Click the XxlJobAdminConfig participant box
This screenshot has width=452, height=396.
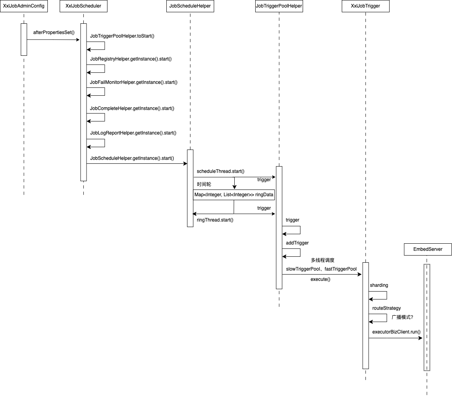[24, 6]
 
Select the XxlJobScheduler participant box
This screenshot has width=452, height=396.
[83, 6]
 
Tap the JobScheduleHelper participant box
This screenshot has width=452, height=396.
[190, 6]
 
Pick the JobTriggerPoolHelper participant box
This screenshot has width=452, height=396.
[279, 6]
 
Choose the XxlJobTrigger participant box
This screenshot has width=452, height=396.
[365, 6]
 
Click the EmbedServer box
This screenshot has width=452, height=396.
[428, 249]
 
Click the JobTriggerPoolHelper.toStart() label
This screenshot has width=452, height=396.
[122, 36]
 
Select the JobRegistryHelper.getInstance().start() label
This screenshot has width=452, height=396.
[131, 59]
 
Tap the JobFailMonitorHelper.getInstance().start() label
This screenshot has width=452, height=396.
[134, 82]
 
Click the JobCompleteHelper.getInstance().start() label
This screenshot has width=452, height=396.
[132, 108]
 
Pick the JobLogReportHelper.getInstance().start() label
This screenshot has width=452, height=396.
[133, 133]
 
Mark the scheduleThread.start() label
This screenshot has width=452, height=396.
[220, 171]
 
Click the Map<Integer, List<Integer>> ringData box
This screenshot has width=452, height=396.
[234, 195]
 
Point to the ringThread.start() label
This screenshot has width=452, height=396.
[215, 220]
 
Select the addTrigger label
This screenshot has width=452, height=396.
[297, 243]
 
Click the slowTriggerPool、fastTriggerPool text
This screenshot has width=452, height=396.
[321, 269]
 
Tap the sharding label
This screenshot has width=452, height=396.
[379, 285]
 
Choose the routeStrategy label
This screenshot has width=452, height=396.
[386, 308]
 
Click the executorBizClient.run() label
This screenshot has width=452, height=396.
[396, 332]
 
